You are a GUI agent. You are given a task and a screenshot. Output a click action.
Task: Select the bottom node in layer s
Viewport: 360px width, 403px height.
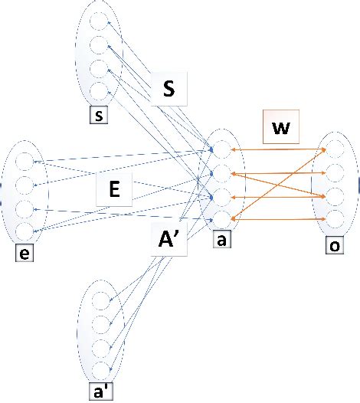pos(98,90)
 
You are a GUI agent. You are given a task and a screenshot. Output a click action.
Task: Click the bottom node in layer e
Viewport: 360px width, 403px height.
pos(24,229)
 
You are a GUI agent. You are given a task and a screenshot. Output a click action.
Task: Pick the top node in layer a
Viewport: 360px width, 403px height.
pos(221,149)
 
